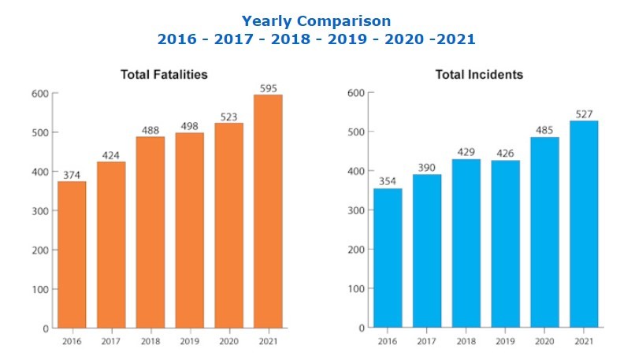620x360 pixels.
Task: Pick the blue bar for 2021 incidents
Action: (x=584, y=224)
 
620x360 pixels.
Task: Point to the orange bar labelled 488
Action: (x=150, y=232)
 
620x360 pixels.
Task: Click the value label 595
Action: (x=269, y=87)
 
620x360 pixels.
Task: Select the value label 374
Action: (x=72, y=174)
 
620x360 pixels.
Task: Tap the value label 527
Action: (x=584, y=113)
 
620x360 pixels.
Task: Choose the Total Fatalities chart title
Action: (x=164, y=74)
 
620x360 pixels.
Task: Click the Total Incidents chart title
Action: (x=479, y=74)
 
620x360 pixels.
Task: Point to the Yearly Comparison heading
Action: (x=316, y=20)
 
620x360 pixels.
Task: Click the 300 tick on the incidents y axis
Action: (x=355, y=210)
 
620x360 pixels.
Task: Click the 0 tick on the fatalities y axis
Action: (x=46, y=328)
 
